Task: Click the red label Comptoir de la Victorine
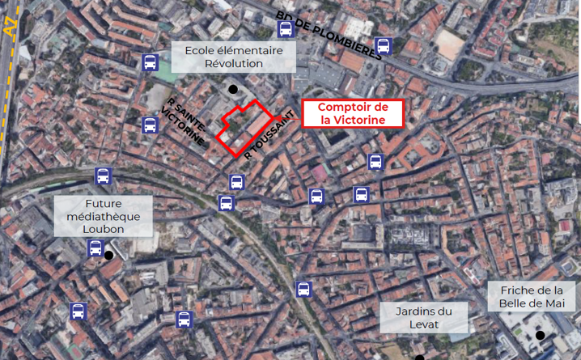tap(353, 114)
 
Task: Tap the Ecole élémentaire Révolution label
tap(234, 57)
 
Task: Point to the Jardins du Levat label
tap(423, 317)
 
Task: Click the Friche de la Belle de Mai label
tap(532, 297)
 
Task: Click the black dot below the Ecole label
tap(233, 89)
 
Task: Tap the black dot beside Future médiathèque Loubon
tap(108, 256)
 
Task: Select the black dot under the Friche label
tap(539, 335)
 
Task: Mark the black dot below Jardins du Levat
tap(419, 357)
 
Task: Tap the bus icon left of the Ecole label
tap(150, 61)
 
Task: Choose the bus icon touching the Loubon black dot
tap(95, 248)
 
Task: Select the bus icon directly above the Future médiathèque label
tap(103, 176)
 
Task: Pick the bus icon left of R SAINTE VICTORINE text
tap(150, 125)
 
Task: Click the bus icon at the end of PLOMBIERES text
tap(384, 46)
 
